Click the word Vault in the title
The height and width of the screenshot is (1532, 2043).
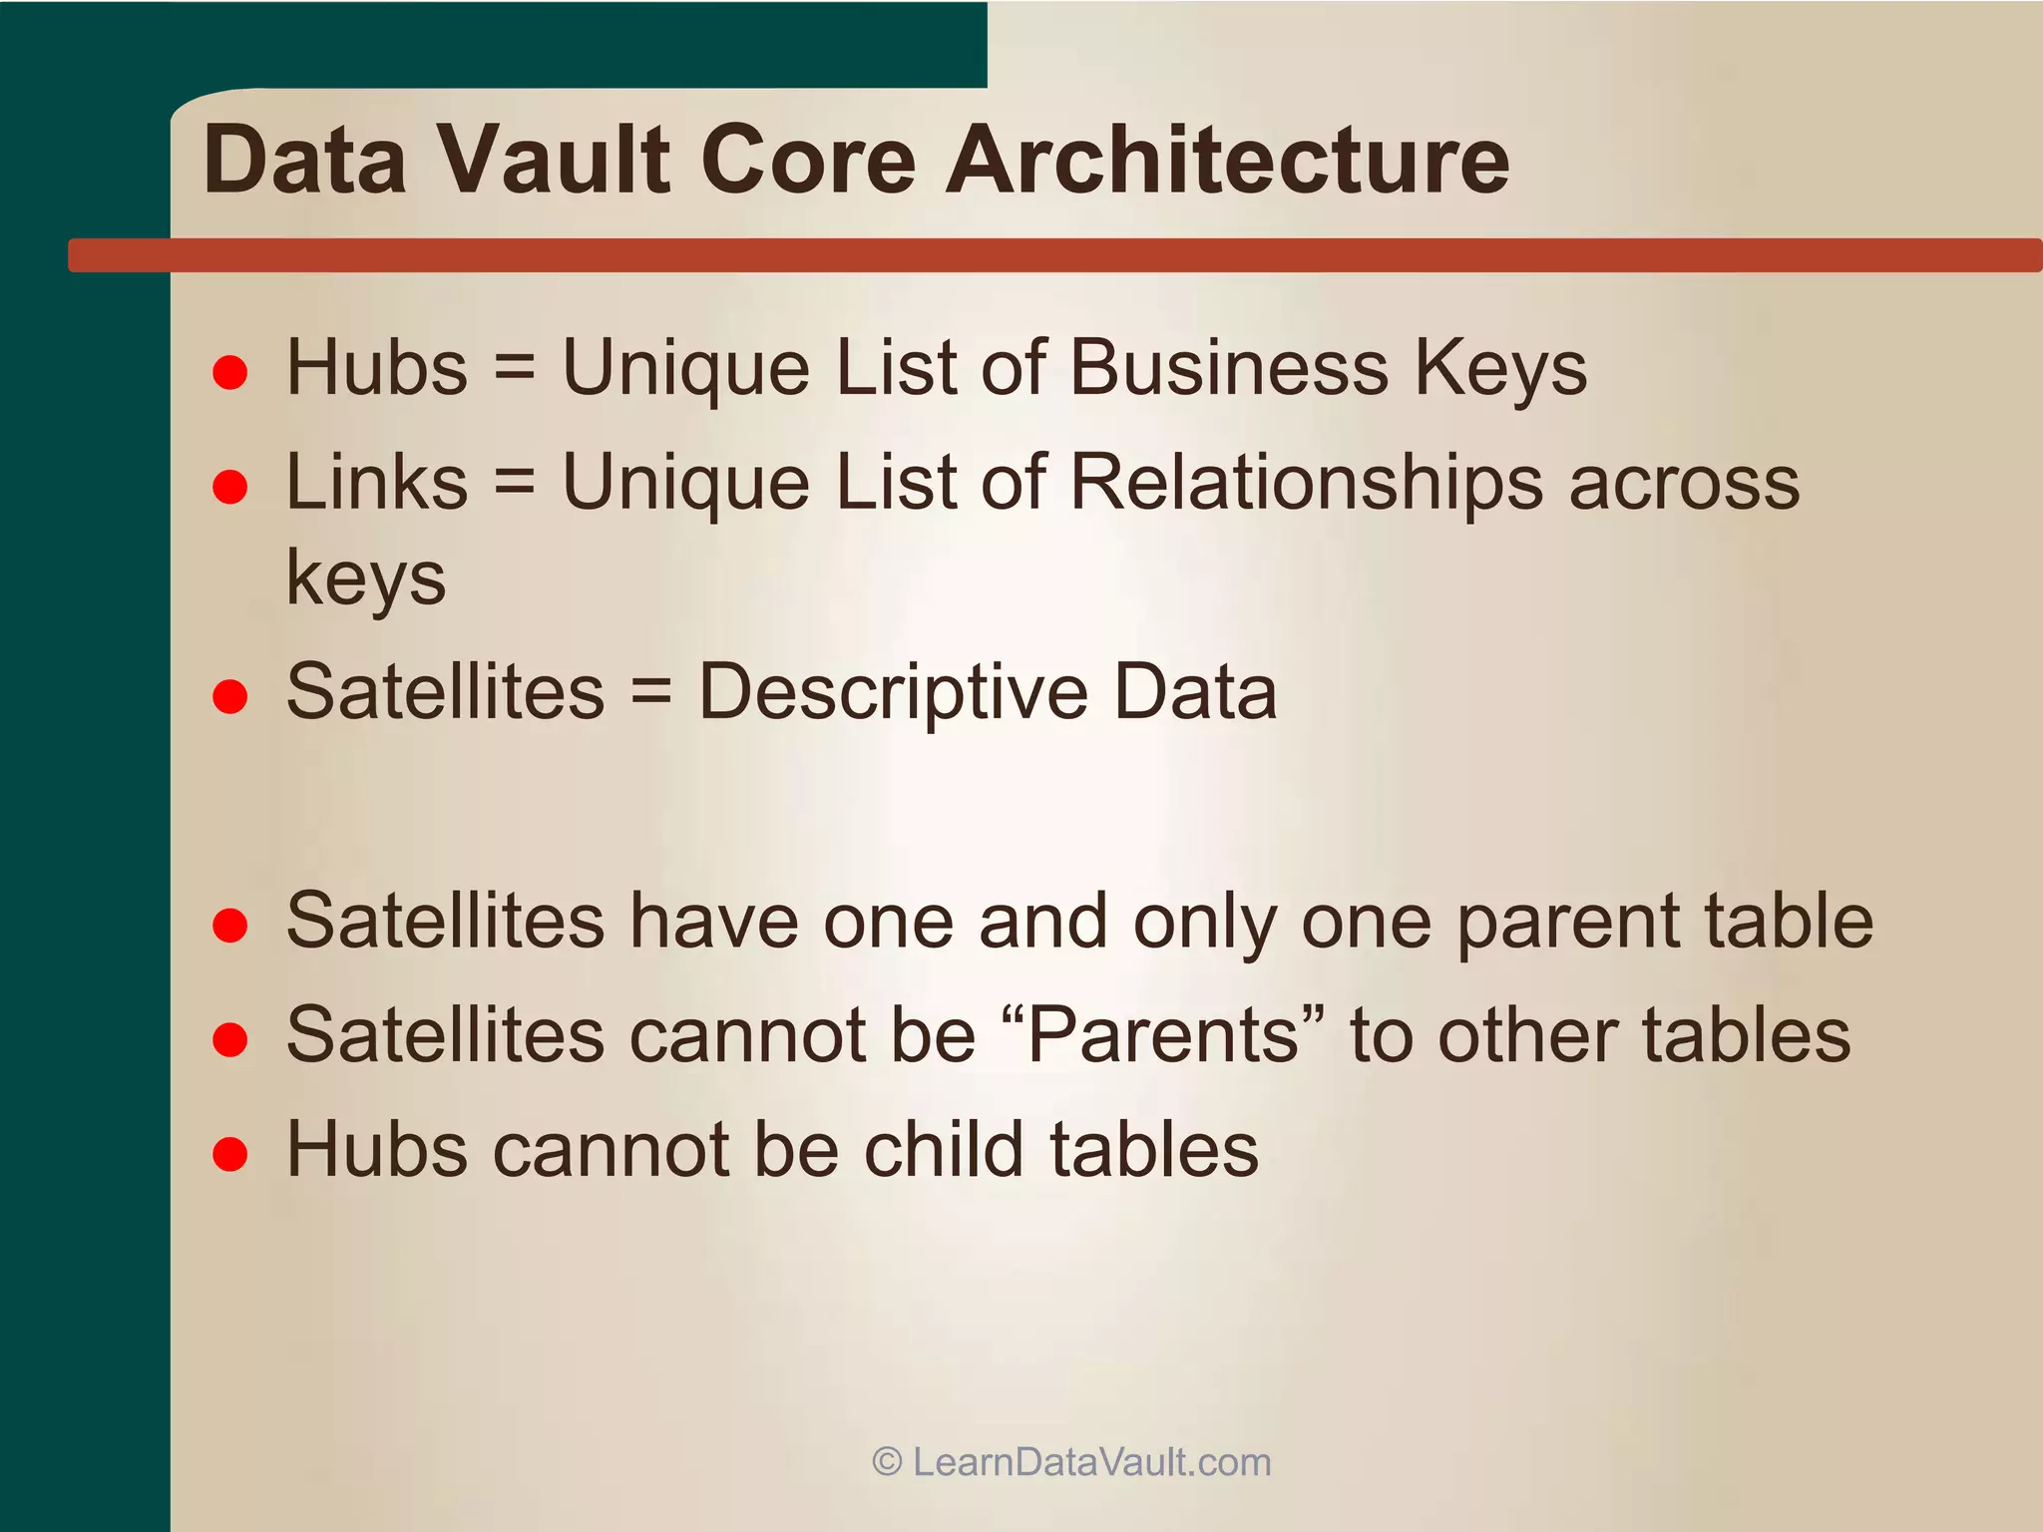pyautogui.click(x=555, y=160)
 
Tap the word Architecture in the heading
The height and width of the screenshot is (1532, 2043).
pyautogui.click(x=1227, y=160)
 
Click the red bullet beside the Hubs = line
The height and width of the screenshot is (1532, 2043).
pyautogui.click(x=230, y=372)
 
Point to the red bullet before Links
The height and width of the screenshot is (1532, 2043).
pyautogui.click(x=230, y=487)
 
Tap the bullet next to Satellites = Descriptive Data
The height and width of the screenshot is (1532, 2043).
pyautogui.click(x=230, y=696)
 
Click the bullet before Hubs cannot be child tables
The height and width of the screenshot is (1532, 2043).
pyautogui.click(x=230, y=1154)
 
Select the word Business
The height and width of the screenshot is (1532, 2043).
pyautogui.click(x=1229, y=367)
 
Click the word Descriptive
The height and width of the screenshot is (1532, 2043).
pyautogui.click(x=893, y=692)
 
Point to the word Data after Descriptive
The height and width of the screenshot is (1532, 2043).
pyautogui.click(x=1195, y=691)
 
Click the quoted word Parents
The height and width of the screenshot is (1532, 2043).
pyautogui.click(x=1163, y=1034)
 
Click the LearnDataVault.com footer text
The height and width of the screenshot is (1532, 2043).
pyautogui.click(x=1091, y=1462)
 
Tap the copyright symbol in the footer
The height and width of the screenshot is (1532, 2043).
pyautogui.click(x=887, y=1462)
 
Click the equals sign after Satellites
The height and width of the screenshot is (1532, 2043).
pyautogui.click(x=650, y=691)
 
